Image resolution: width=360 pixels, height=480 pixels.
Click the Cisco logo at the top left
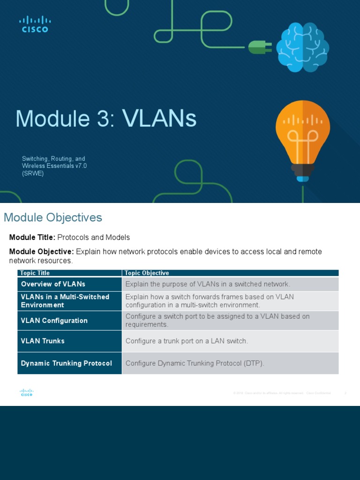35,24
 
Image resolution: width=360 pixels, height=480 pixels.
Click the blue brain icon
302,47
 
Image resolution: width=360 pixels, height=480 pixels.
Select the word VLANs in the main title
159,119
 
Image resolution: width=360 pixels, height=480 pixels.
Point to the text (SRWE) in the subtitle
32,173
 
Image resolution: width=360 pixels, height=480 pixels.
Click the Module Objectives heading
53,217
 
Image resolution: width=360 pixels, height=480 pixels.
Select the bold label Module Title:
32,237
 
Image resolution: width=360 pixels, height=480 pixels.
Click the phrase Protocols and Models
93,237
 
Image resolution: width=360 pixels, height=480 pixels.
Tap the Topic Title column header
35,273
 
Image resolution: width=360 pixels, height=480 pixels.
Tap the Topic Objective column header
147,273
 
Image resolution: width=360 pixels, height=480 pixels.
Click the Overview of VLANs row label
53,284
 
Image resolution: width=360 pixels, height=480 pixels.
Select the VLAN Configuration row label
54,321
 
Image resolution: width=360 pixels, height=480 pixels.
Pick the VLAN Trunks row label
43,341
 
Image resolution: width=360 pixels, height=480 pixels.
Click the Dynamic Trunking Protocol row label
67,363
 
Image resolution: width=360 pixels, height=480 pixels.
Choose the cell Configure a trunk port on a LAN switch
186,341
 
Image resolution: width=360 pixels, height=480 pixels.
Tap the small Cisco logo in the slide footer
27,393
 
